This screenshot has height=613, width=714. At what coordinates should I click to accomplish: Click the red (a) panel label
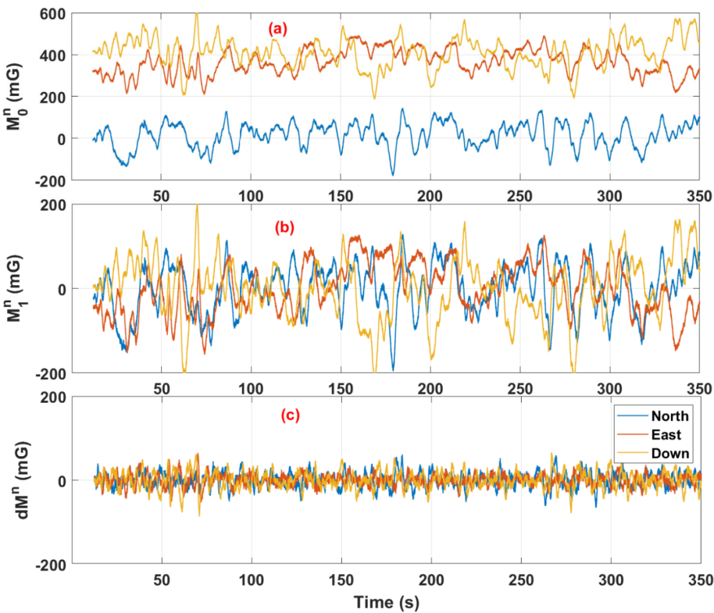tap(278, 28)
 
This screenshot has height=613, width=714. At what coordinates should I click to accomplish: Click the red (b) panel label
tap(284, 227)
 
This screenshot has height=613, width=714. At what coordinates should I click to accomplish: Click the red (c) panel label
tap(290, 416)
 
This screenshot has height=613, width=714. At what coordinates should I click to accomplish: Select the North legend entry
tap(670, 416)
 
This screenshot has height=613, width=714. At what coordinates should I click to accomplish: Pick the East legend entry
tap(666, 434)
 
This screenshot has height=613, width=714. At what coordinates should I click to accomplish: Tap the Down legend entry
tap(670, 453)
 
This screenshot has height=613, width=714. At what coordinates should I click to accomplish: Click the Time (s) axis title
tap(386, 602)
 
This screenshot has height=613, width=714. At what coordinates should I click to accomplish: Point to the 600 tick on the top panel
tap(52, 13)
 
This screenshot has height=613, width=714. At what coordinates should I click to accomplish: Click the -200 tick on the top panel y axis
tap(49, 181)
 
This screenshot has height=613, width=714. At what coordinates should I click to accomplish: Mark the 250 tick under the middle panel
tap(521, 388)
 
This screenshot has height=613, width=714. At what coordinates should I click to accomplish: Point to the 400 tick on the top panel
tap(52, 56)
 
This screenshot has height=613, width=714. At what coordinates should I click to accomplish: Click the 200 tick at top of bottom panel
tap(52, 397)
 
